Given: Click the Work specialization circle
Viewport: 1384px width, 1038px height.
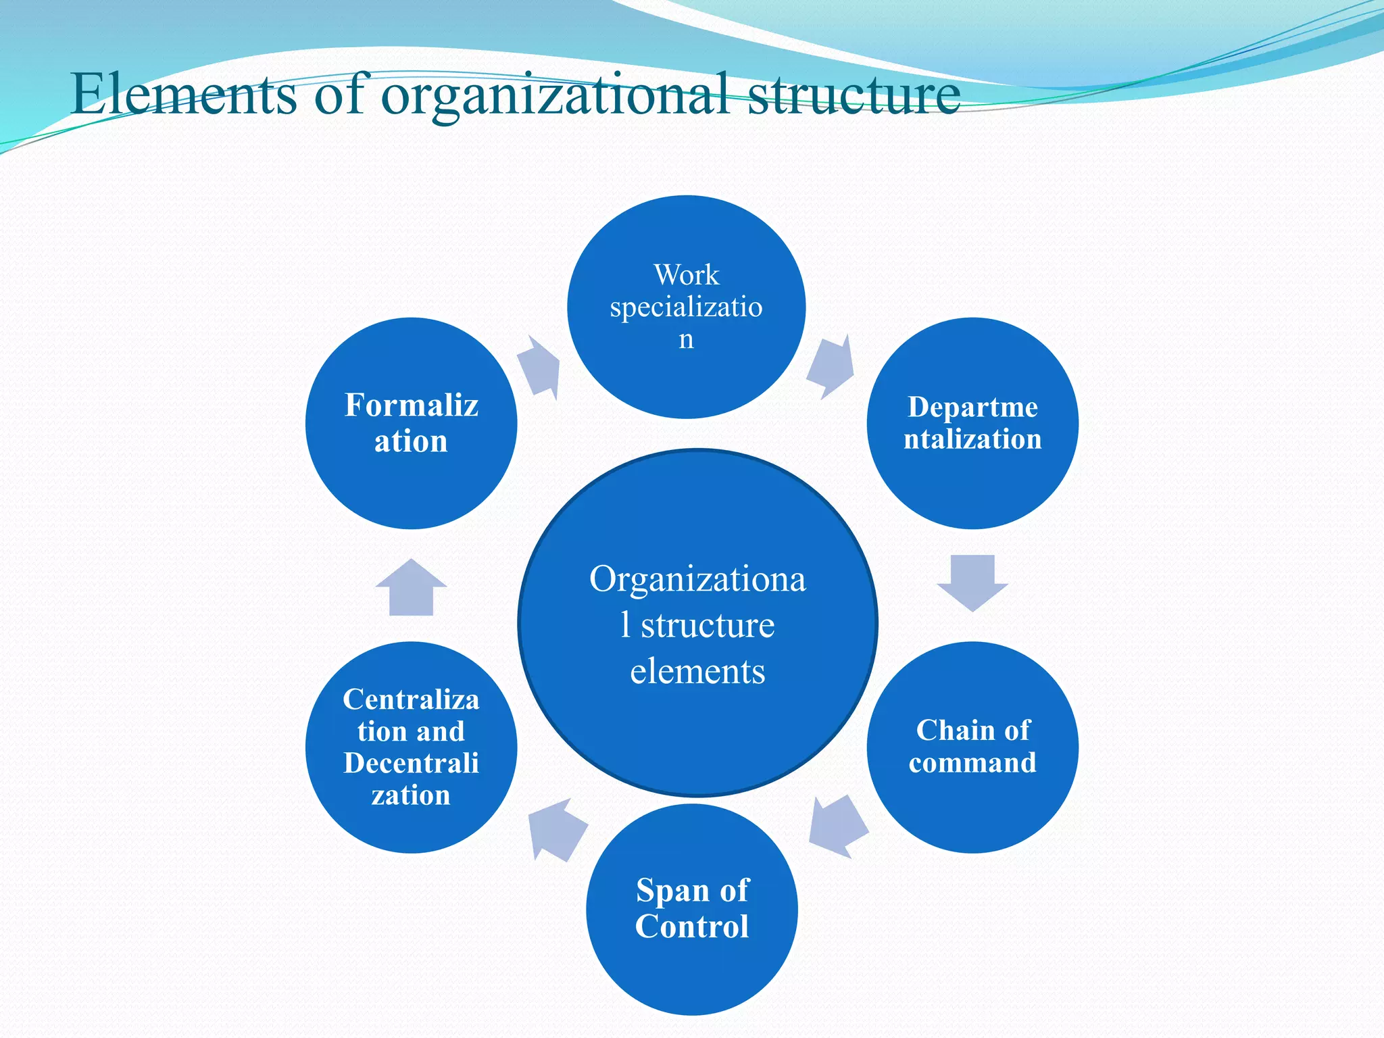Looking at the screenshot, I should pyautogui.click(x=686, y=307).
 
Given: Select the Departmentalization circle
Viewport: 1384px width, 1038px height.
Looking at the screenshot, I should pyautogui.click(x=972, y=423).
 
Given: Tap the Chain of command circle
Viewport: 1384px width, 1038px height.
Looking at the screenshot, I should pyautogui.click(x=972, y=747).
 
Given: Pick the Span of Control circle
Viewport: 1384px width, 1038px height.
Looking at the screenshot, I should pyautogui.click(x=691, y=909).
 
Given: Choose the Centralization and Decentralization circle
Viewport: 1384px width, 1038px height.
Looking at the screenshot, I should pyautogui.click(x=411, y=747).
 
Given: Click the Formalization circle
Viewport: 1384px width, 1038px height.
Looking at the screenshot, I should pyautogui.click(x=411, y=423).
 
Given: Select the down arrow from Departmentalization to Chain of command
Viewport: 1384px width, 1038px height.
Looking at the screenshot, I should pyautogui.click(x=972, y=582).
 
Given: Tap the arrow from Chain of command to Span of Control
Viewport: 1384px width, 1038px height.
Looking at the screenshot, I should pyautogui.click(x=838, y=826).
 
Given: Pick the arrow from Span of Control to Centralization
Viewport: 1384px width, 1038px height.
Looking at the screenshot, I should pyautogui.click(x=557, y=829).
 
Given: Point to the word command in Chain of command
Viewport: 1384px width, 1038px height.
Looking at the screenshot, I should pyautogui.click(x=972, y=763).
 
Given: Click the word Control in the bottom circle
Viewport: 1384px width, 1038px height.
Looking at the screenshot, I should pyautogui.click(x=691, y=926).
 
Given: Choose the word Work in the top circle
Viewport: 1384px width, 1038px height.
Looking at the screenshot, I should pyautogui.click(x=686, y=274).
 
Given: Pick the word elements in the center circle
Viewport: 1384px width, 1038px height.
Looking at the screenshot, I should pyautogui.click(x=697, y=671).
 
